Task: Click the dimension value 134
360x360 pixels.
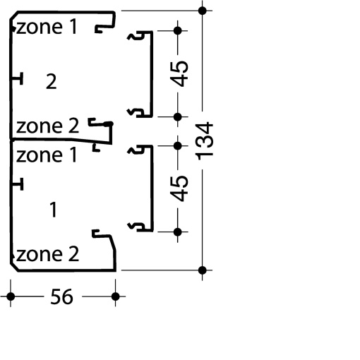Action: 204,140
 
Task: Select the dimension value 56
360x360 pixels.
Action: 61,296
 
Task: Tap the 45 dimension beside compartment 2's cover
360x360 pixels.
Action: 179,73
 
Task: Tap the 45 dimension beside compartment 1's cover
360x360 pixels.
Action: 179,188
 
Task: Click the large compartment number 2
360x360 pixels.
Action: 52,81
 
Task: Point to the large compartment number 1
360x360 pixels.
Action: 54,210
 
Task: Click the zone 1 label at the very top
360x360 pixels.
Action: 47,27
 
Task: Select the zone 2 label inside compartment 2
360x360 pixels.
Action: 47,126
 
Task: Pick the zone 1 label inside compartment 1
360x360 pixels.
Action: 47,155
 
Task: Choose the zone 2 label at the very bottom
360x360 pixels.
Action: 47,254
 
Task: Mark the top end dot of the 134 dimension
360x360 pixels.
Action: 203,11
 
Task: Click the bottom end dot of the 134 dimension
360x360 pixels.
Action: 203,270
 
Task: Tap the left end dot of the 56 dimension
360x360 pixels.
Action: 11,296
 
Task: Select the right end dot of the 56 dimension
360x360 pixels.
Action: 115,296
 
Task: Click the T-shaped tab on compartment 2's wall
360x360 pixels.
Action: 18,78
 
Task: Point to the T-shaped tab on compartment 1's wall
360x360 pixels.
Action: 18,184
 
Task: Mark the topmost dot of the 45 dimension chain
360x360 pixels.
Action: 178,30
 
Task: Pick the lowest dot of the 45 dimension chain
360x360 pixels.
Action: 178,232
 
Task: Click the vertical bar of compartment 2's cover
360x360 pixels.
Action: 151,74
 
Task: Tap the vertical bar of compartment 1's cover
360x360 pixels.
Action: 152,188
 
